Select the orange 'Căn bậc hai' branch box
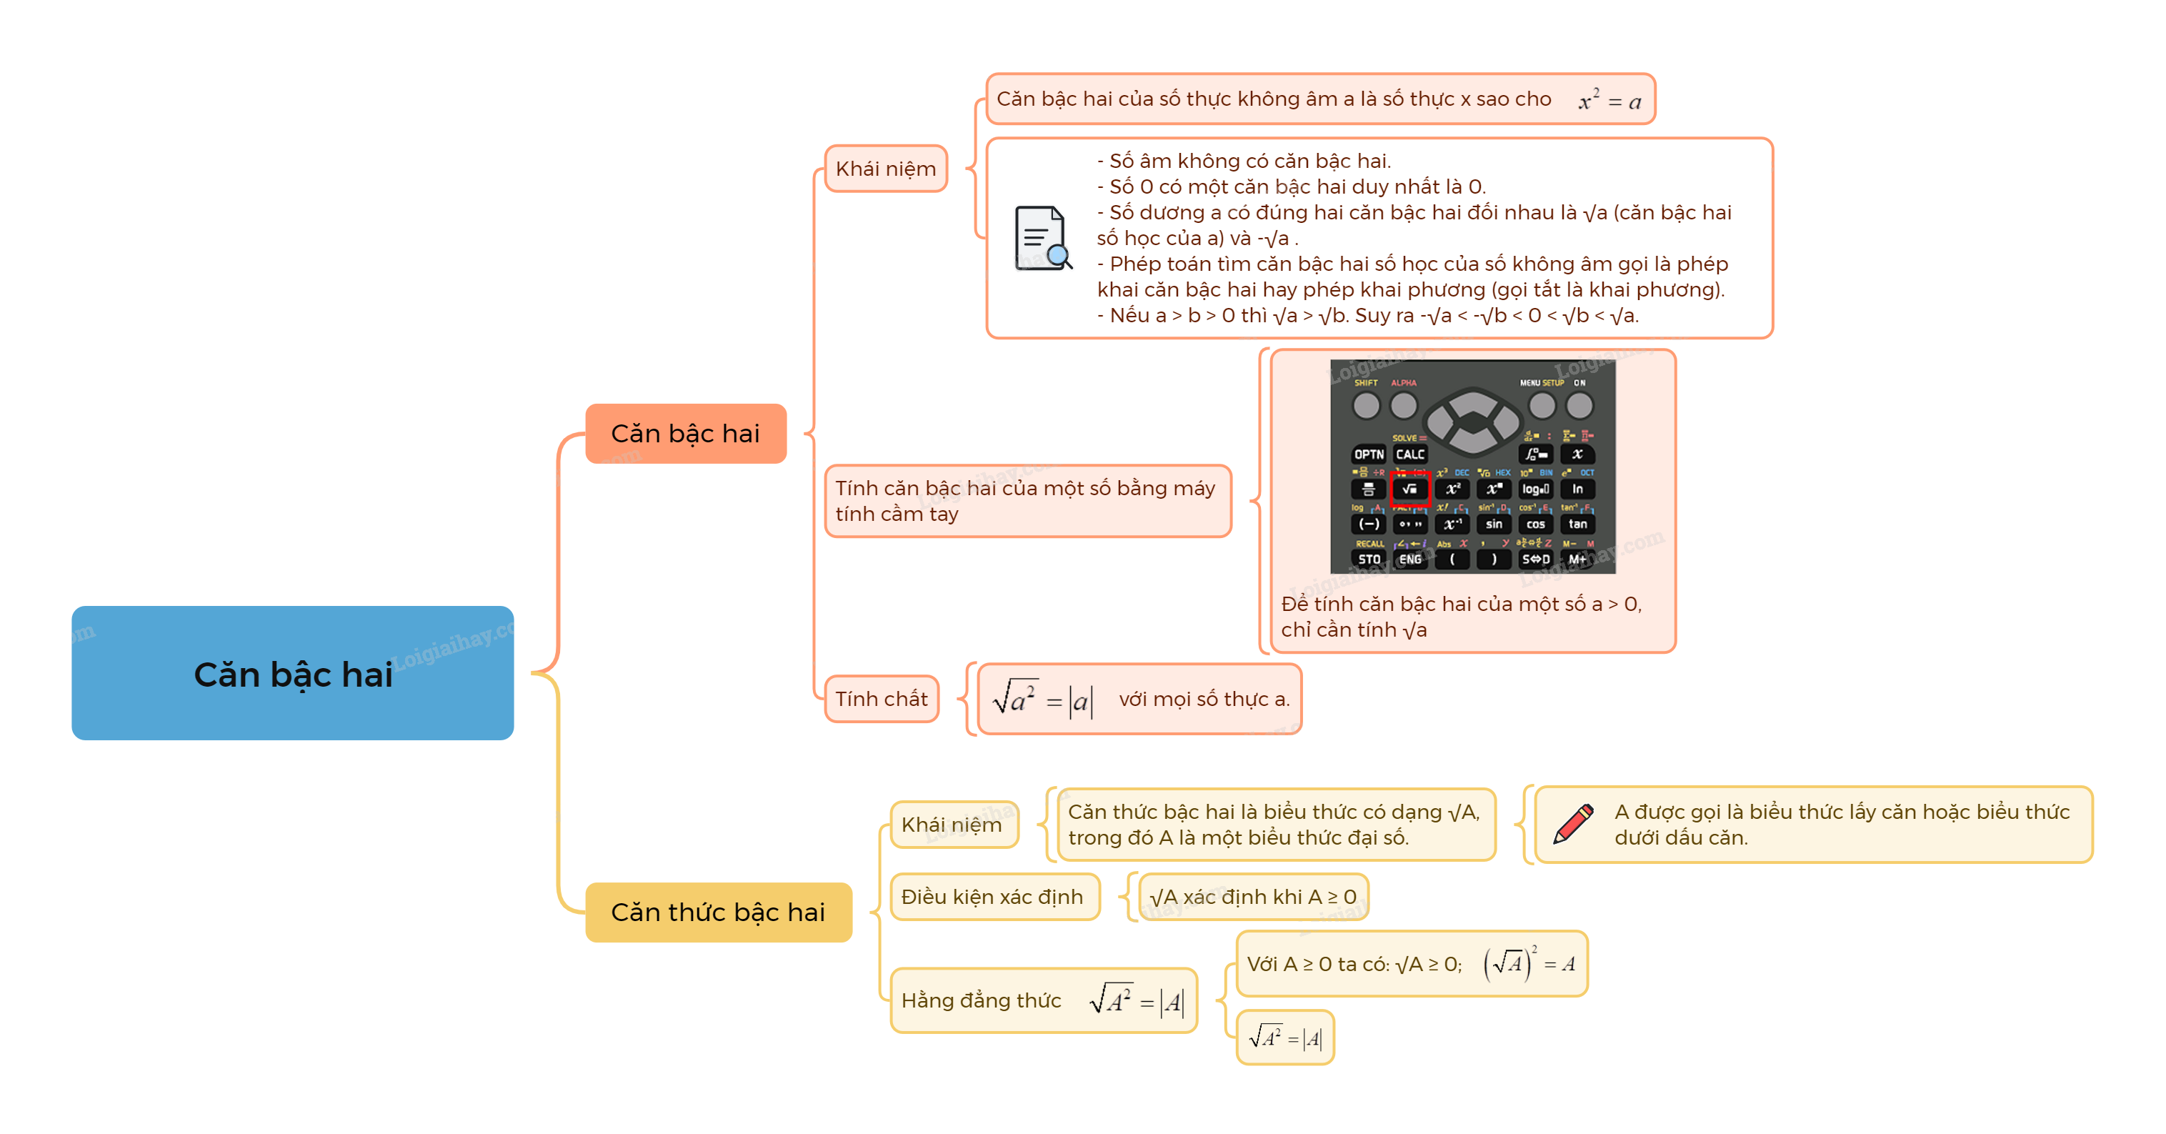point(685,433)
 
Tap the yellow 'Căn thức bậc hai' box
point(718,912)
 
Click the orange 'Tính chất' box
point(882,698)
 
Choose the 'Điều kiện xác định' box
point(993,897)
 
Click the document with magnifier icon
point(1043,238)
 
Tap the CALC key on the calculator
point(1410,454)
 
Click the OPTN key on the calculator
point(1369,454)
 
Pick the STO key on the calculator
point(1369,559)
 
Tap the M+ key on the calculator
point(1577,559)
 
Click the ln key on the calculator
point(1577,489)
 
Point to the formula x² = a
point(1609,101)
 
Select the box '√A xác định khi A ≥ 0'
point(1252,897)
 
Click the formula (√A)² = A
point(1529,963)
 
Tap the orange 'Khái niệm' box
point(885,168)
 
